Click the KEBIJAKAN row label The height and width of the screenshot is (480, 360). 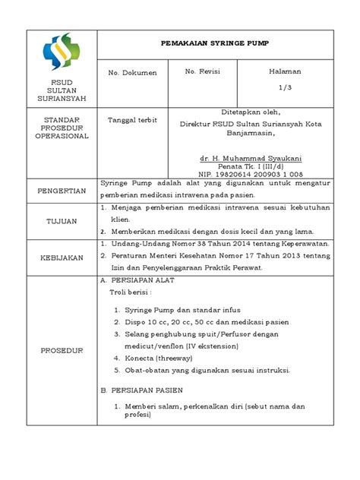[62, 258]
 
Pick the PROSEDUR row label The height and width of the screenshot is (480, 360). [62, 350]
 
